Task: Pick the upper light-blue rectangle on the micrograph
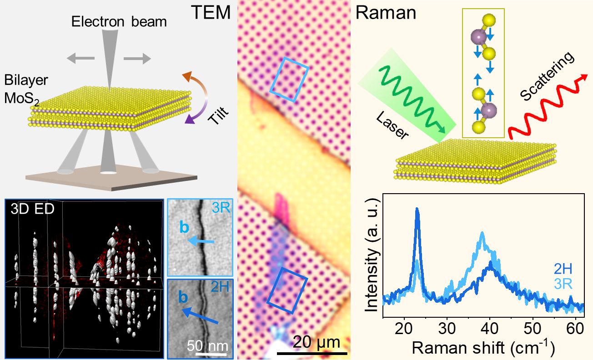point(289,79)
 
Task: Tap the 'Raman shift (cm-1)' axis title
point(483,347)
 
